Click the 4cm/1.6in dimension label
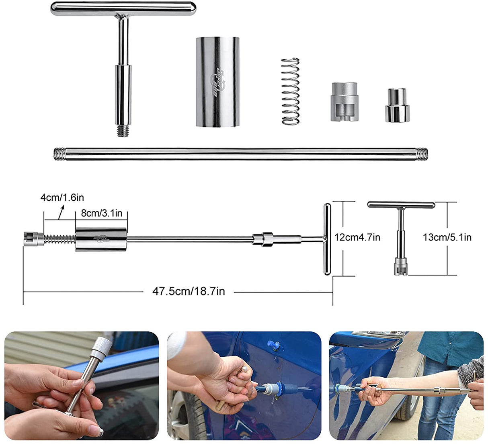62,197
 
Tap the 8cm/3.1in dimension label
101,213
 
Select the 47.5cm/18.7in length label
189,291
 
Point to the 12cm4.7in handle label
357,237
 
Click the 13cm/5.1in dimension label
447,237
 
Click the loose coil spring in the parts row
291,91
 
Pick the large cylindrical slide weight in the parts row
218,82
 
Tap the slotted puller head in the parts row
344,102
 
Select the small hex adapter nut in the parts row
397,105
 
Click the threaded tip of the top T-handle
123,131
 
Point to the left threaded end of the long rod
59,154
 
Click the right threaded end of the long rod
422,154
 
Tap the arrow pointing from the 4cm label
61,212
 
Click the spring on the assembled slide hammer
60,239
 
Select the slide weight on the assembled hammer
101,239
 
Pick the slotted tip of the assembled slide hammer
34,239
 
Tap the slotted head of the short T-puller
401,267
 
